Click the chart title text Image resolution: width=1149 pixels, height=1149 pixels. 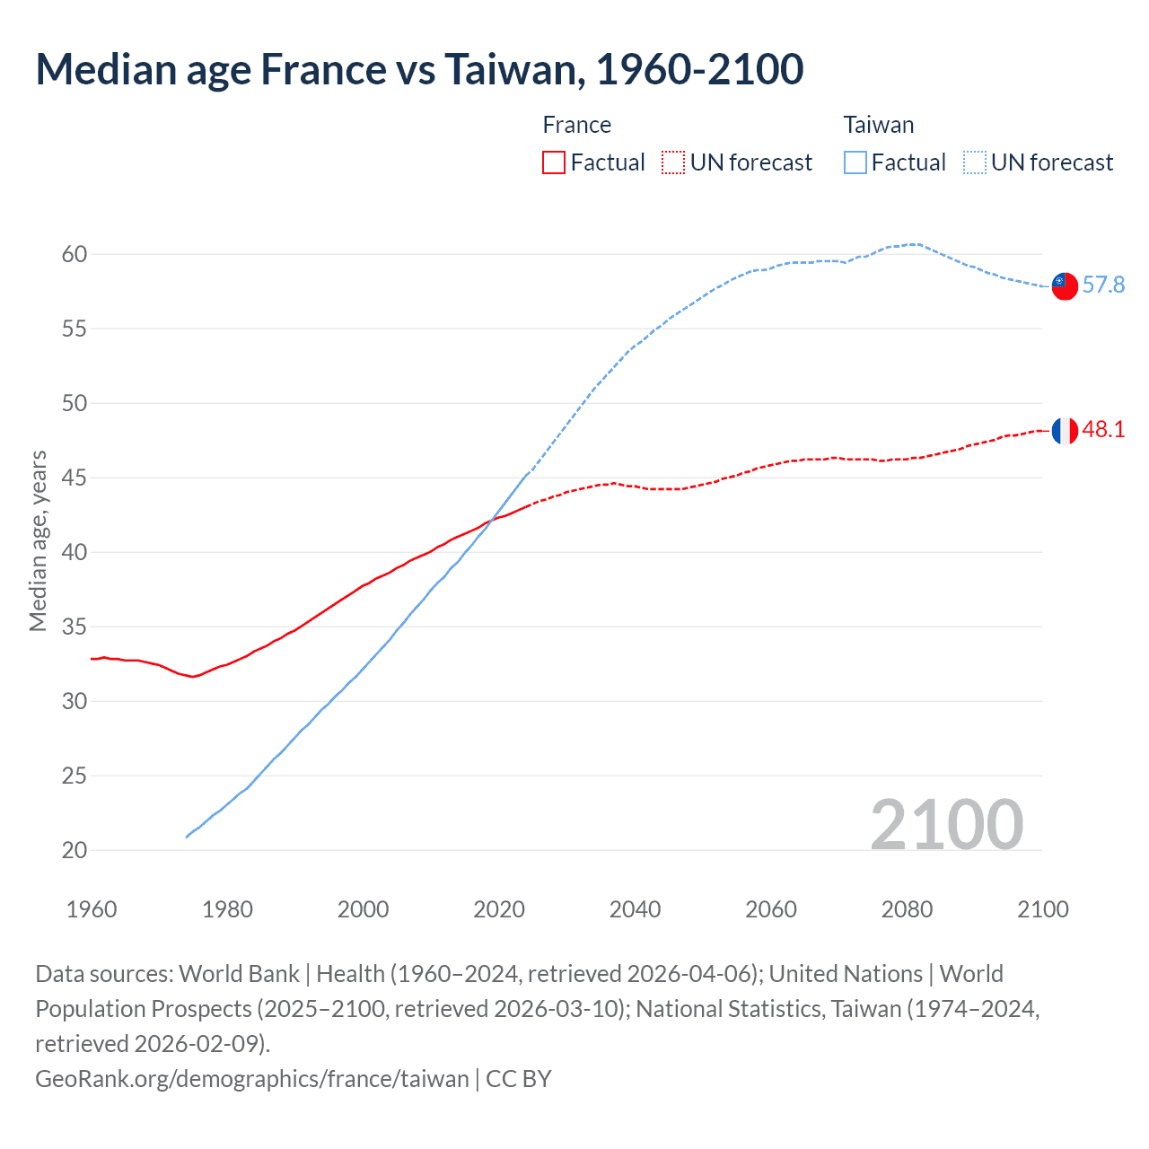point(419,69)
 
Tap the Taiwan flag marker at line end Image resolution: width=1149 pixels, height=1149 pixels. point(1064,285)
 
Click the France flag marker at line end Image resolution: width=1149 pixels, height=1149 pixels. point(1064,431)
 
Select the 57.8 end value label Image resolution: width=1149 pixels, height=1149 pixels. point(1103,285)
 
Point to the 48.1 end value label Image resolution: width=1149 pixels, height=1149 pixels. point(1103,430)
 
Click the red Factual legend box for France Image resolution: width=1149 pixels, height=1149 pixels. point(554,162)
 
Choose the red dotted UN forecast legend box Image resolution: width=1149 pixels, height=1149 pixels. point(673,162)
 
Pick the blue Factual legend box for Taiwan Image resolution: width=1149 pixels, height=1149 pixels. point(855,162)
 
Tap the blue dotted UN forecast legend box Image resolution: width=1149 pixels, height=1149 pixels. point(974,162)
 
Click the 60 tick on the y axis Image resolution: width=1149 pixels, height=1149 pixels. point(75,255)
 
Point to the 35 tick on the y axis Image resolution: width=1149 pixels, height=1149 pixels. point(75,627)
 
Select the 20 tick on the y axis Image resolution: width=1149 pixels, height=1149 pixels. point(75,850)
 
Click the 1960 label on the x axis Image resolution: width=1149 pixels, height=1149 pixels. point(92,909)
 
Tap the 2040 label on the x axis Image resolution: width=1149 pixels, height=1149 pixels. point(635,909)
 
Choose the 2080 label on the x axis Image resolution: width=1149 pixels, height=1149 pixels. point(907,909)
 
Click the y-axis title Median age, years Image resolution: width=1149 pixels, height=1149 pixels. point(38,541)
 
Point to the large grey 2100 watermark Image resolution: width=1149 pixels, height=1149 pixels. point(946,825)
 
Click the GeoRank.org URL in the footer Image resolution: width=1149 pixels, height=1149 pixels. point(252,1079)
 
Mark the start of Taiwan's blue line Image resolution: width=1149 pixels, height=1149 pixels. point(188,837)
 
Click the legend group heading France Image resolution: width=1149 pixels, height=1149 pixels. point(576,125)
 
